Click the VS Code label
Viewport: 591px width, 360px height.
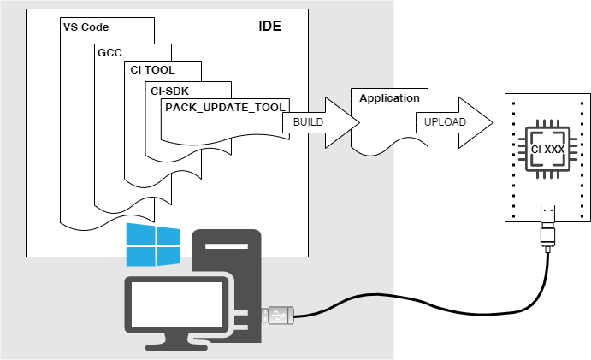tap(86, 27)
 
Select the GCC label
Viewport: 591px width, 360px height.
tap(110, 53)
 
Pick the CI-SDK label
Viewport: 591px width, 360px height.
tap(168, 89)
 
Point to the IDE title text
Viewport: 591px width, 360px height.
tap(269, 27)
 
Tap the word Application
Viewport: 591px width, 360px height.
tap(389, 98)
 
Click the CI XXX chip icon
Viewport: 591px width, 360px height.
tap(547, 149)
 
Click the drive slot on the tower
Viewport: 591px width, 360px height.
tap(227, 248)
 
